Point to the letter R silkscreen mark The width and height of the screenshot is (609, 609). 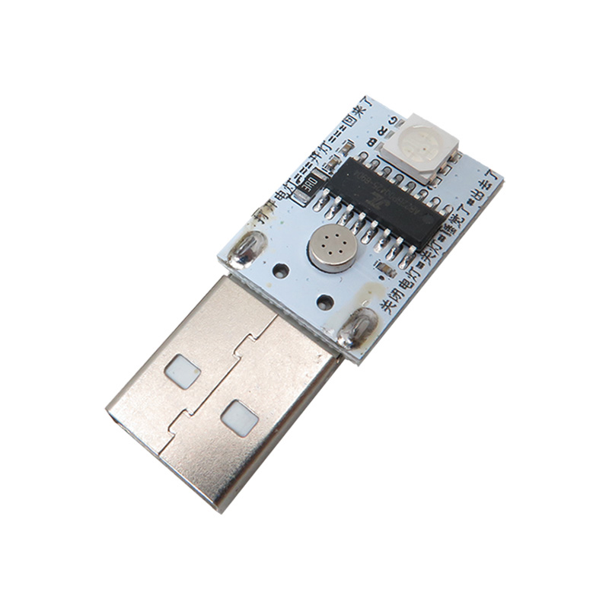[x=383, y=130]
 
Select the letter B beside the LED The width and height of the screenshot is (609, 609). [x=372, y=142]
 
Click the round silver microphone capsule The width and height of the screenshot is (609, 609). [x=330, y=247]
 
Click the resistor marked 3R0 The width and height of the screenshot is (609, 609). [x=308, y=183]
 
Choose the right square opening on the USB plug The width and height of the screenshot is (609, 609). [x=239, y=417]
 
